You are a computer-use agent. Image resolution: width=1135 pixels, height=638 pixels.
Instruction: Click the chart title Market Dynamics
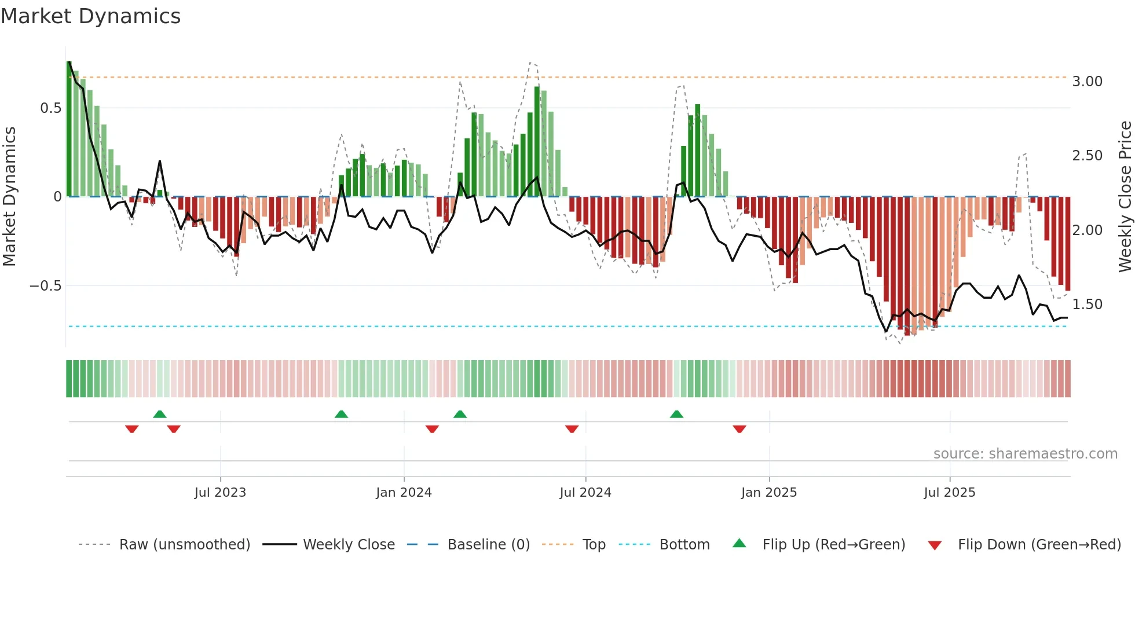coord(91,16)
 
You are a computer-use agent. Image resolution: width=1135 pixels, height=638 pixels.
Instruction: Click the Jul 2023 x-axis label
coord(220,493)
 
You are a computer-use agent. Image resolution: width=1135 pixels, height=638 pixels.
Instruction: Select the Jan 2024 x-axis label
coord(404,493)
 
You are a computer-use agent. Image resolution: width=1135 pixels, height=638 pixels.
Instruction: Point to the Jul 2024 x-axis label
coord(585,493)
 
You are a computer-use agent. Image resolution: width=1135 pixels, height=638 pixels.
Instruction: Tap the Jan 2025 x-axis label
coord(769,493)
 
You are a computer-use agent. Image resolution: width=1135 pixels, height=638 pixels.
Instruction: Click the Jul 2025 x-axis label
coord(950,493)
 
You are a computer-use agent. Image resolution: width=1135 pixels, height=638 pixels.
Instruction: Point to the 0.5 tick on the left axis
coord(51,108)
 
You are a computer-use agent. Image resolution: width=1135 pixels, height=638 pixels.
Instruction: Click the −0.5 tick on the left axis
coord(46,286)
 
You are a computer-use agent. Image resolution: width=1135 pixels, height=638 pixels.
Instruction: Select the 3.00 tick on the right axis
coord(1087,82)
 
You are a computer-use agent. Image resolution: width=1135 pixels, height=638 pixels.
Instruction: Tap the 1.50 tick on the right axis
coord(1087,305)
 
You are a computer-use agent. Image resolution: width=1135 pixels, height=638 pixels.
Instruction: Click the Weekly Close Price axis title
coord(1125,197)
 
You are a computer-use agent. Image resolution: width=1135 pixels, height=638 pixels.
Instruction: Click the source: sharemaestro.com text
coord(1025,454)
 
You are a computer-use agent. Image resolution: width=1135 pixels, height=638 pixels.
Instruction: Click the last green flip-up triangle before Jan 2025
coord(676,414)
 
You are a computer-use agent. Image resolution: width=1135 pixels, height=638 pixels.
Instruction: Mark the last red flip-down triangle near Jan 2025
coord(739,429)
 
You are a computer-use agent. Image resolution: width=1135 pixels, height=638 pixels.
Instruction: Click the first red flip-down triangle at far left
coord(132,429)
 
